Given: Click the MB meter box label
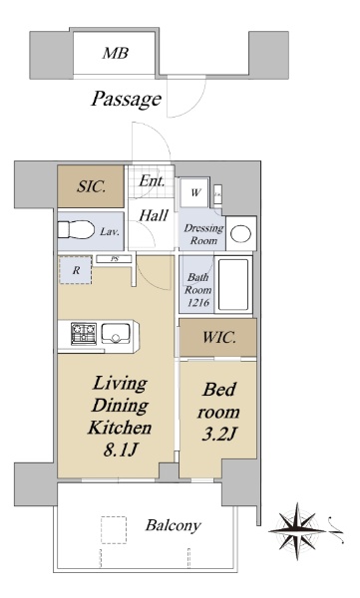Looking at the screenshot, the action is [x=115, y=54].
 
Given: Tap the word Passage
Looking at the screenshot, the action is [x=126, y=100].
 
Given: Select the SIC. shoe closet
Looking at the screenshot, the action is [x=91, y=186].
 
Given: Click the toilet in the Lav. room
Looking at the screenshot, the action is [x=77, y=230].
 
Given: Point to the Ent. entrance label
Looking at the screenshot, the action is [x=152, y=180].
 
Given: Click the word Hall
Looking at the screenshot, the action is [x=154, y=216].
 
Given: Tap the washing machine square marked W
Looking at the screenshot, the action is [x=195, y=192].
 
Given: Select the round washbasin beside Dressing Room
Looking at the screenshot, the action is [x=241, y=233].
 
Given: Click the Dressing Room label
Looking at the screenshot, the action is [x=203, y=234].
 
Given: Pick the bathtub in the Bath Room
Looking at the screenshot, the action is [x=233, y=284].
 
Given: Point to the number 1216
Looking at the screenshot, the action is [x=197, y=302].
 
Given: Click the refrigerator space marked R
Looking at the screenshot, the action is [x=76, y=270].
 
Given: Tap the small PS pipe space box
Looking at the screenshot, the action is [x=114, y=259].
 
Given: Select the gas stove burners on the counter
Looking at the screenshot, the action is [x=84, y=333].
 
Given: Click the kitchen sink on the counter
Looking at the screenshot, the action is [x=116, y=333].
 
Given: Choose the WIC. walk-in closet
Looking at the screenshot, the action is [x=218, y=338].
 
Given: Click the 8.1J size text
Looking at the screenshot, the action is [x=120, y=450].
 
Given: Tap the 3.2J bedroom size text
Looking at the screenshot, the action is [x=219, y=434].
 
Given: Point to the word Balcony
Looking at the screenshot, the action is [x=173, y=525].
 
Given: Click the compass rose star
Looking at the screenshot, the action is [x=296, y=531].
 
